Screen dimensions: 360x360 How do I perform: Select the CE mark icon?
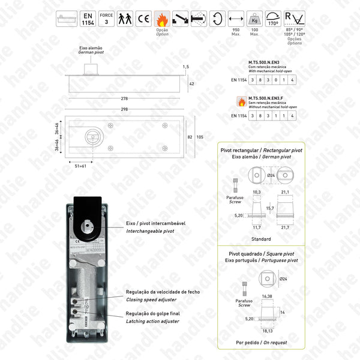[x=143, y=19]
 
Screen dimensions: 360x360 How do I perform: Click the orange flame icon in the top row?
[x=161, y=18]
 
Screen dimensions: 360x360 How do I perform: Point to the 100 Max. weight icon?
[x=254, y=19]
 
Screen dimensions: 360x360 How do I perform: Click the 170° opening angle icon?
[x=273, y=18]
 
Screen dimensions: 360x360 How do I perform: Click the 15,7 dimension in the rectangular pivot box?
[x=270, y=208]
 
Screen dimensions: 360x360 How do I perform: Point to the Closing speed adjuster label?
[x=150, y=299]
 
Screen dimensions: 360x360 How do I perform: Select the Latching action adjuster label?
[x=153, y=322]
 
